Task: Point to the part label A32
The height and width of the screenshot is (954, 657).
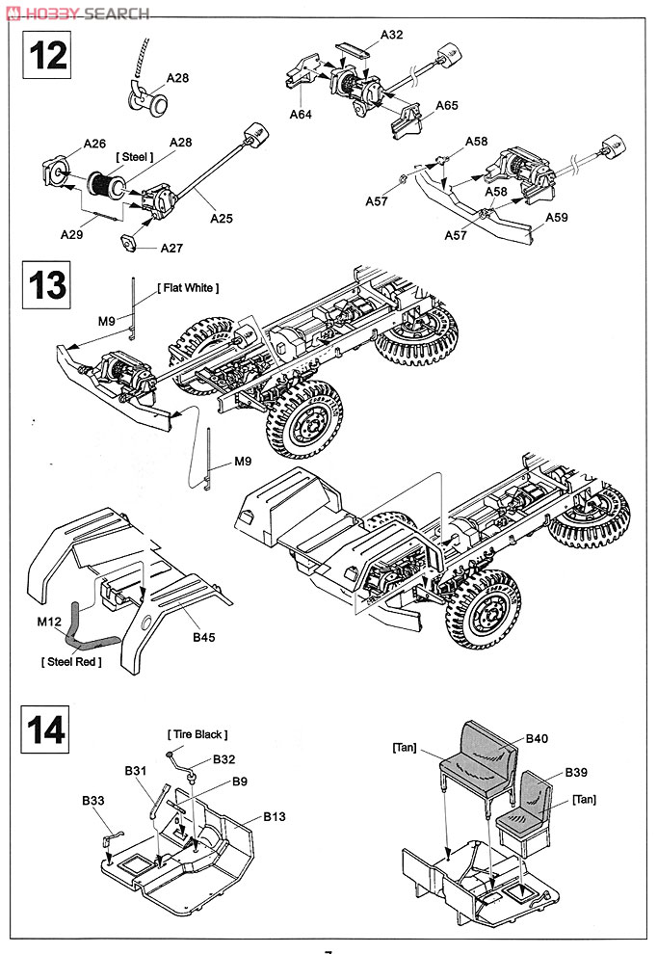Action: coord(391,35)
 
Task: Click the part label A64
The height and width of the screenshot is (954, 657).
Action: coord(302,115)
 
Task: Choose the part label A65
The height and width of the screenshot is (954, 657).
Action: coord(446,106)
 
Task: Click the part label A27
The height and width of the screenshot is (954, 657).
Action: coord(172,248)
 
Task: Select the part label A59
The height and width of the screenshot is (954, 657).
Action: coord(556,218)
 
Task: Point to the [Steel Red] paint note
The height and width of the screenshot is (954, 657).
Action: coord(72,661)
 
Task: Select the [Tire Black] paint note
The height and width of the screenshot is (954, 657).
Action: coord(197,735)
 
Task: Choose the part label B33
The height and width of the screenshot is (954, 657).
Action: coord(92,801)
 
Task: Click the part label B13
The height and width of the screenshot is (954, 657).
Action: coord(276,816)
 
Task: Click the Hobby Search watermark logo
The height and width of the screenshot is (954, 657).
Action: coord(76,13)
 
